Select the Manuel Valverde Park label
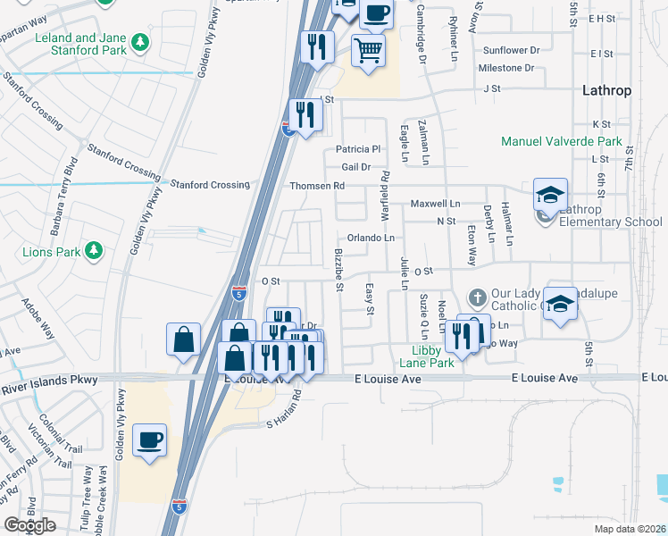561,141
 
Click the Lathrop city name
606,91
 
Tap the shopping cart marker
367,51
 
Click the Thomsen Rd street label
316,185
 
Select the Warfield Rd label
386,197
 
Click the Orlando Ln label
371,238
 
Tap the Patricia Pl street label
358,148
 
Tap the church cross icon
478,297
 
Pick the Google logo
29,524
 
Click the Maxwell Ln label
435,205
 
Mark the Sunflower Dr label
511,51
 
